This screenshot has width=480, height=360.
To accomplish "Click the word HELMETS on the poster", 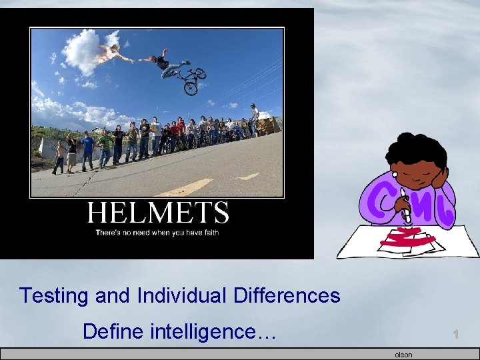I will [x=158, y=213].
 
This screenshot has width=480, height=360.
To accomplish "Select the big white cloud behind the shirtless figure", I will [x=83, y=52].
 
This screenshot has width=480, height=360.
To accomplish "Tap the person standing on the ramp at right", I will [x=254, y=119].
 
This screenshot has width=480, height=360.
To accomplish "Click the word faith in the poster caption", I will [x=209, y=233].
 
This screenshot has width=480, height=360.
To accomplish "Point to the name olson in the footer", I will [x=403, y=355].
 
